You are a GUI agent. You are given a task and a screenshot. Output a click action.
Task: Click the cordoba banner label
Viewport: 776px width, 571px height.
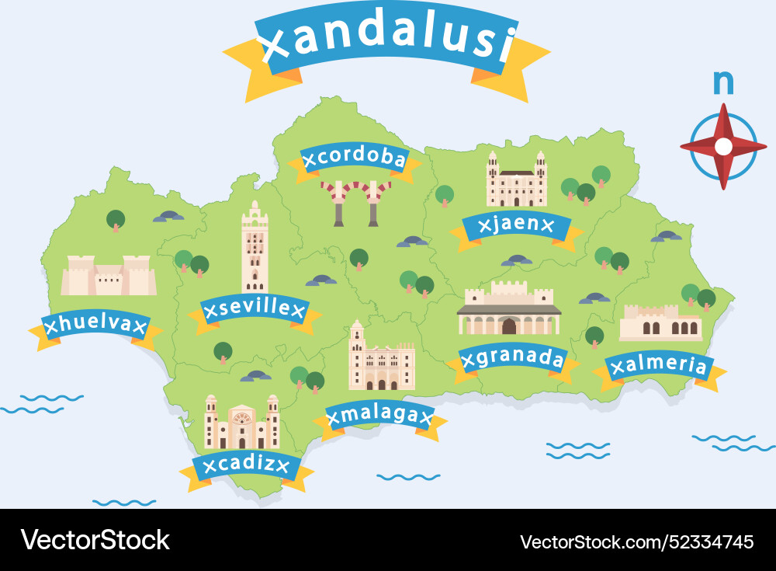[355, 158]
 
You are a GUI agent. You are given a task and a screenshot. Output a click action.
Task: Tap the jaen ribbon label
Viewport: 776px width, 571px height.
[516, 225]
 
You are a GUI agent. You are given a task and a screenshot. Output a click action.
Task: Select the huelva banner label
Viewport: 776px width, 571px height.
[95, 324]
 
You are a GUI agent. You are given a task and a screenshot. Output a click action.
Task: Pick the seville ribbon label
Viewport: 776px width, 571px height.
[255, 310]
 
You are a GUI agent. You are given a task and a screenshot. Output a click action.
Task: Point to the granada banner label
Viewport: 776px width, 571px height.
[513, 358]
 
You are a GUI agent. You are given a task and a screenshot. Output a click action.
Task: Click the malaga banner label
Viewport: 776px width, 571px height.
[379, 416]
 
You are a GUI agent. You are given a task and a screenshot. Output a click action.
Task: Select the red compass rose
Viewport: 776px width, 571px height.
[723, 146]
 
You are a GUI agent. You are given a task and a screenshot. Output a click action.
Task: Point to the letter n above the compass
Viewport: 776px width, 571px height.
[723, 81]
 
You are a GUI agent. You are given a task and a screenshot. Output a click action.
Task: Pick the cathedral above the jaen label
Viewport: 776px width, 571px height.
[517, 180]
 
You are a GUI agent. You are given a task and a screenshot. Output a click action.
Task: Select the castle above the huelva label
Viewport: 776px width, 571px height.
[109, 275]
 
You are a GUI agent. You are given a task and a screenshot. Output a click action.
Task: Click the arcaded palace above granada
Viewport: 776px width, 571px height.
[509, 308]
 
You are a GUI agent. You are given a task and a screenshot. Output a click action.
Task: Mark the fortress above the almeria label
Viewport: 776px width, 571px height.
[660, 322]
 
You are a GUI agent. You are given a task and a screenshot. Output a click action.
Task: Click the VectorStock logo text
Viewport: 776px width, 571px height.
[95, 539]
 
